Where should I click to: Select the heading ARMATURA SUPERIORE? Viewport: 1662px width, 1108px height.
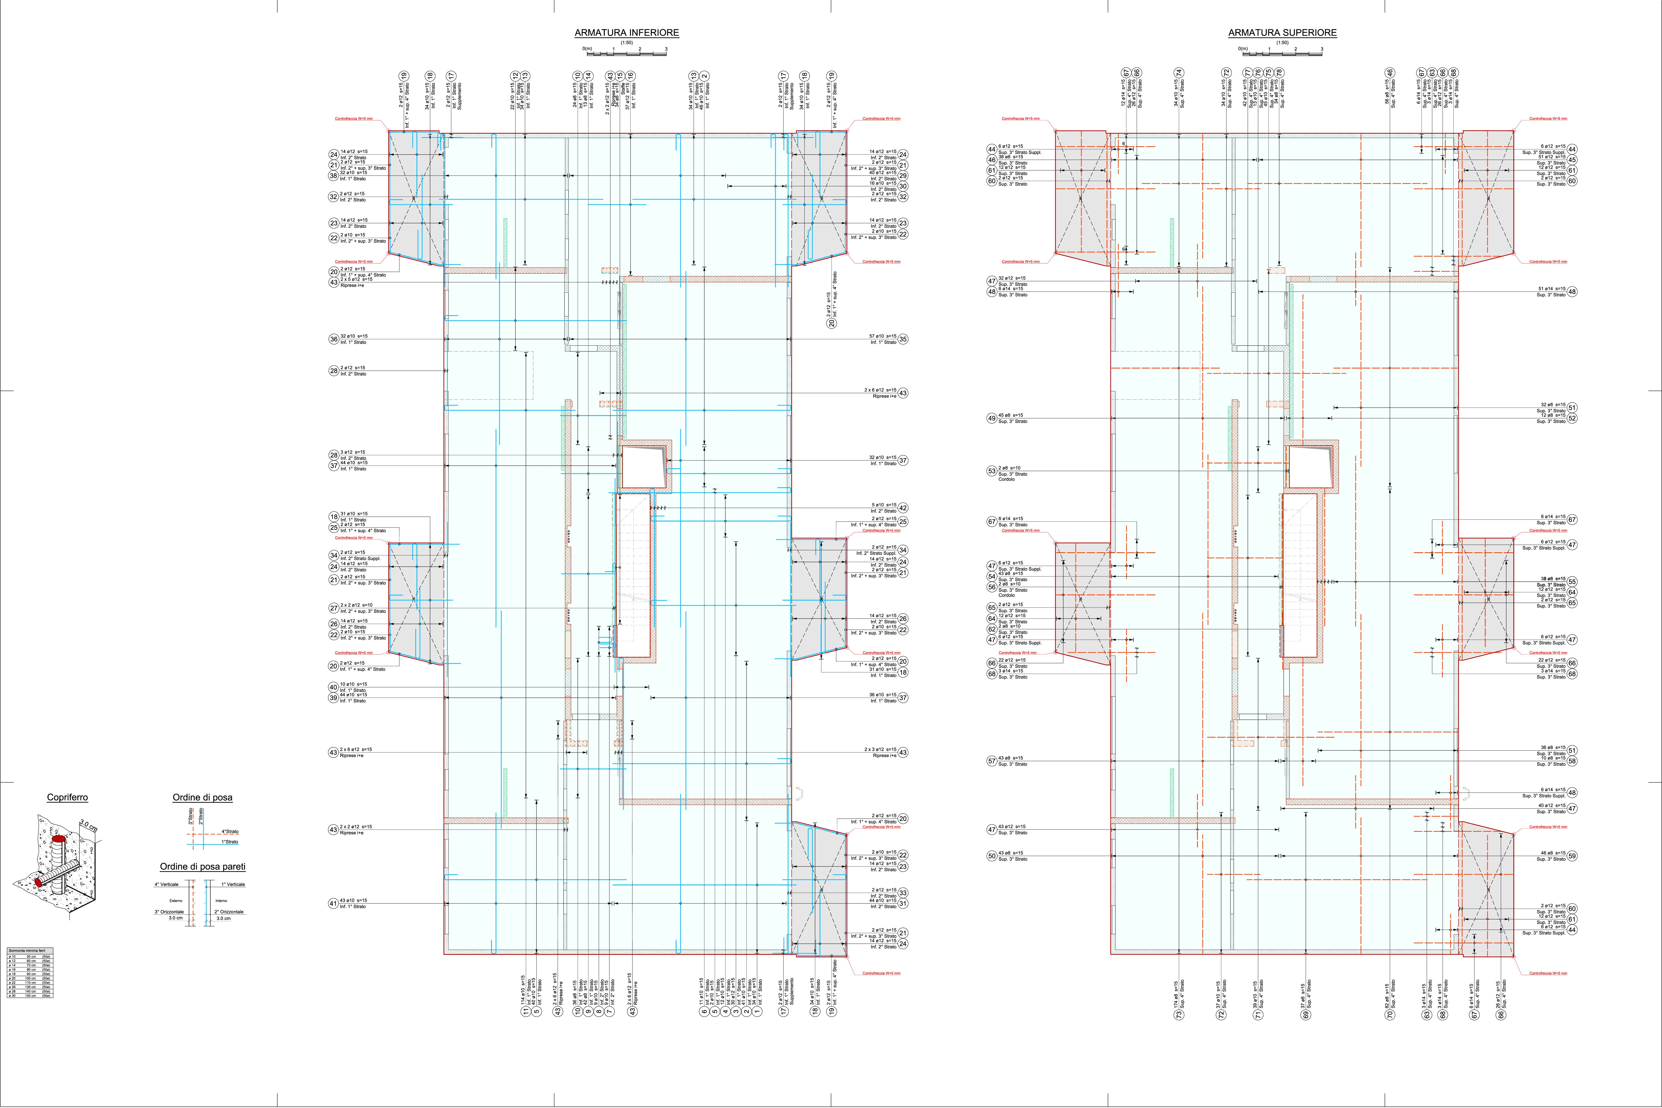pyautogui.click(x=1282, y=32)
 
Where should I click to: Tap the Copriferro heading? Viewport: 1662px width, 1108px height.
pyautogui.click(x=67, y=797)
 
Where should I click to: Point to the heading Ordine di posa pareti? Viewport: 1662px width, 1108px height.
pyautogui.click(x=202, y=866)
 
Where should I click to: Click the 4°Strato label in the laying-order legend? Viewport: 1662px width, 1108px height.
pyautogui.click(x=230, y=832)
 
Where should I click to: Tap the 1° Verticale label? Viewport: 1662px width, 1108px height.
pyautogui.click(x=233, y=884)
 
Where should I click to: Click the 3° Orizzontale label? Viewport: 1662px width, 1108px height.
pyautogui.click(x=170, y=912)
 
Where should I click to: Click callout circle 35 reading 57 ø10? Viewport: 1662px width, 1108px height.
pyautogui.click(x=903, y=339)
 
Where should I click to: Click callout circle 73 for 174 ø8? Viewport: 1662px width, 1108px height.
pyautogui.click(x=1179, y=1015)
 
